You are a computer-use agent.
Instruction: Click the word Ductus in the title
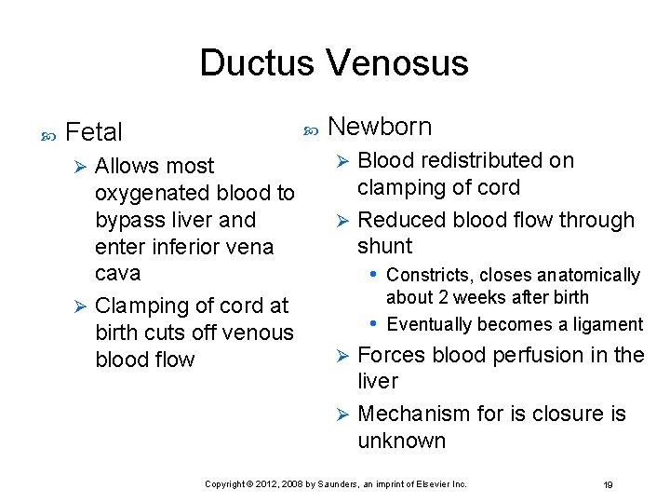click(258, 63)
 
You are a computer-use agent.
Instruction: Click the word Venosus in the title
click(397, 63)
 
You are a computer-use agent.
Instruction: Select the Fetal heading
click(95, 132)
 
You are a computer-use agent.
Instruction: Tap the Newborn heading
click(380, 126)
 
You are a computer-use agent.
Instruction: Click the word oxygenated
click(154, 193)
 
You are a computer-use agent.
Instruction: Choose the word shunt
click(384, 246)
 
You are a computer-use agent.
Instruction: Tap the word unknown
click(401, 441)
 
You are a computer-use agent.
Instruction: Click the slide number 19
click(608, 484)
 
